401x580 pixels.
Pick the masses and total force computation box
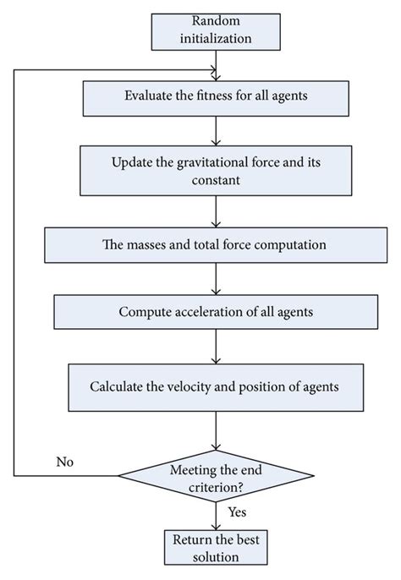pos(219,244)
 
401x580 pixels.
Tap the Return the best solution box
pos(219,550)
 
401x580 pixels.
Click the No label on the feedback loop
pos(66,462)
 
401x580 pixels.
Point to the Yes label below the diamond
pos(238,512)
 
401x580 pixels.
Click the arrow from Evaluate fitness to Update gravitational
pos(219,130)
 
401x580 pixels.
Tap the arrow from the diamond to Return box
pos(219,514)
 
